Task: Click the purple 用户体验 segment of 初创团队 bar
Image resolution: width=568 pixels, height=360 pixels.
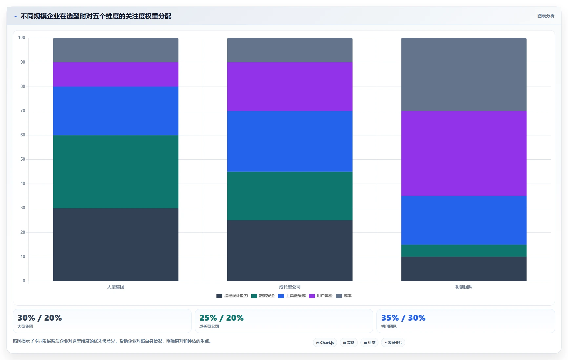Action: [464, 153]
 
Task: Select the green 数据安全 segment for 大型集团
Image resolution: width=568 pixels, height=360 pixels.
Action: [116, 172]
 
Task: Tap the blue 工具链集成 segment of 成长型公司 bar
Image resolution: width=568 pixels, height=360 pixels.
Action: [290, 141]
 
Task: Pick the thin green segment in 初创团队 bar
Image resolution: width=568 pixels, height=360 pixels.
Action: [464, 251]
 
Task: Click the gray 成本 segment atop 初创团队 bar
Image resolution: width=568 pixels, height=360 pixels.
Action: [464, 74]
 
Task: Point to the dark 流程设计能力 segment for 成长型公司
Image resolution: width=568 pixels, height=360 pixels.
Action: [290, 251]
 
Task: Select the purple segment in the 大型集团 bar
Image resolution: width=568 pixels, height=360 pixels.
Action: [116, 74]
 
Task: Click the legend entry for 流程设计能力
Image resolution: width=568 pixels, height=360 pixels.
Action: [232, 296]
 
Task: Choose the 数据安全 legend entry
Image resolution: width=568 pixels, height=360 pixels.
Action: [263, 296]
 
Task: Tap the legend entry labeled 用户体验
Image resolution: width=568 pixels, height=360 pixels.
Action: [321, 296]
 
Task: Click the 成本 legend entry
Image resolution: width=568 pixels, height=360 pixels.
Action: [344, 296]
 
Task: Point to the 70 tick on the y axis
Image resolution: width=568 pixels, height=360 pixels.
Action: [23, 111]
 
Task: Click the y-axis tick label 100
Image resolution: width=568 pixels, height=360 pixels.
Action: [22, 38]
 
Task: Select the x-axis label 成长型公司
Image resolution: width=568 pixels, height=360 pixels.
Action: [290, 287]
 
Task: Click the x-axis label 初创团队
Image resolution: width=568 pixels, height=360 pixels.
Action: [464, 287]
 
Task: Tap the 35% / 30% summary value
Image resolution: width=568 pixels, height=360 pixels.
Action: [403, 318]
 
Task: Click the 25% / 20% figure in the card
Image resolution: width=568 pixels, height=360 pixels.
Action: [221, 318]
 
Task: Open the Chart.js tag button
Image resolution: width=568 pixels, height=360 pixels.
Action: [325, 343]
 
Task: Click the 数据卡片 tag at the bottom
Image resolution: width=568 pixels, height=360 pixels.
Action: [393, 343]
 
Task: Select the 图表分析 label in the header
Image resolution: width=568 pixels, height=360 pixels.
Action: [546, 16]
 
